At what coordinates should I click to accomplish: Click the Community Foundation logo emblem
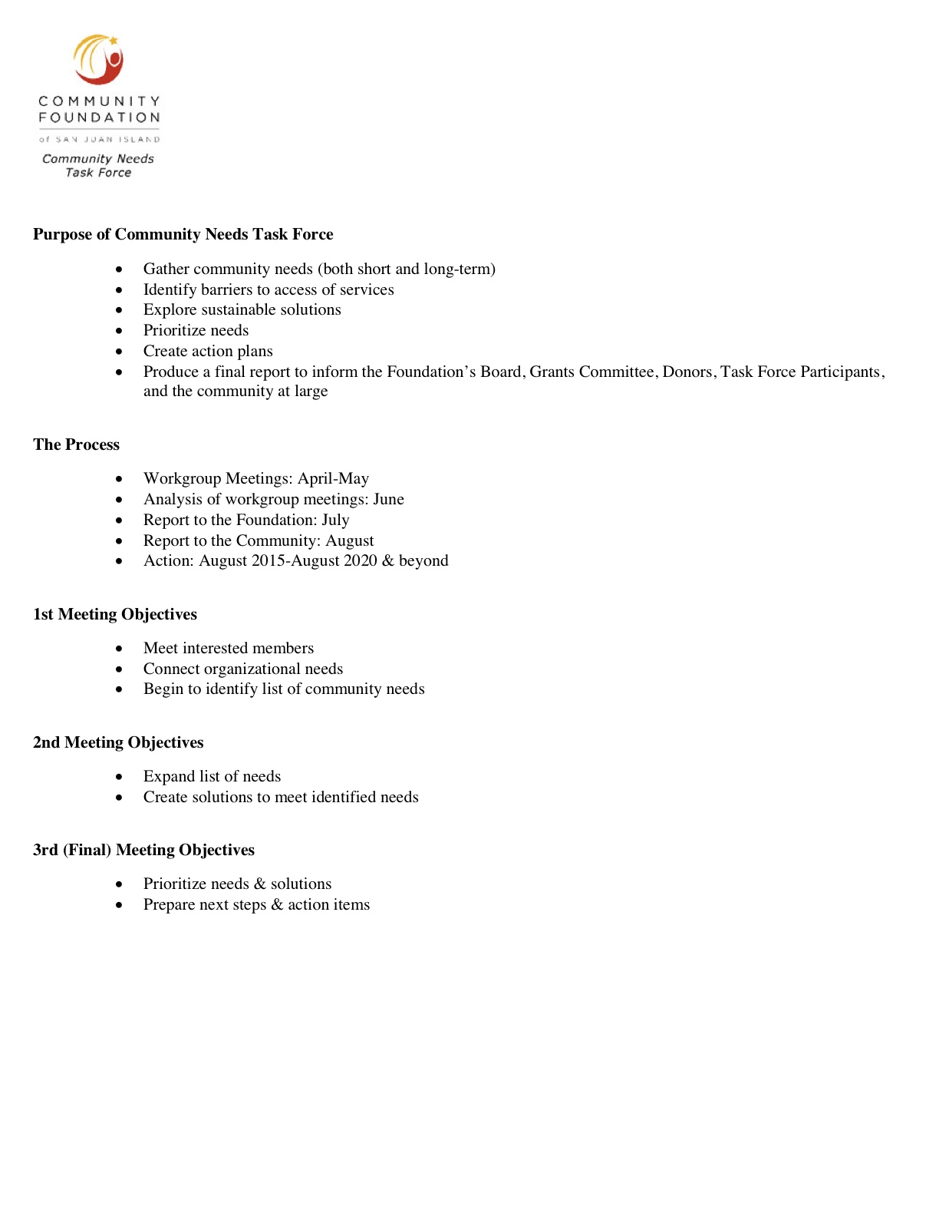[99, 59]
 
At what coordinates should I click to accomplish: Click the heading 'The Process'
[76, 444]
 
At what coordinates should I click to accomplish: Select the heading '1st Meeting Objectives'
[115, 614]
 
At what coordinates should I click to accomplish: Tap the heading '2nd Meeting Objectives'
[118, 742]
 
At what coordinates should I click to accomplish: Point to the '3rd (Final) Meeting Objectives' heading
[143, 850]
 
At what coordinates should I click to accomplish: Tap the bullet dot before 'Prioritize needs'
[119, 331]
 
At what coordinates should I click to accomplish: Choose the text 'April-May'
[333, 478]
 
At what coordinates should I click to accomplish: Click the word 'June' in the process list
[388, 499]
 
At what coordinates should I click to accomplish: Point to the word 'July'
[335, 520]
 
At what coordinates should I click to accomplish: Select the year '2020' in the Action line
[360, 560]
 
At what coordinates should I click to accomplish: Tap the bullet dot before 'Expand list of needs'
[119, 777]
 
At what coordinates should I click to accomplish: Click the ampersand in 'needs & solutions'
[259, 884]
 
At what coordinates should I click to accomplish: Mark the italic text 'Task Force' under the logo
[98, 173]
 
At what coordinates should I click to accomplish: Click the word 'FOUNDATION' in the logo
[100, 117]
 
